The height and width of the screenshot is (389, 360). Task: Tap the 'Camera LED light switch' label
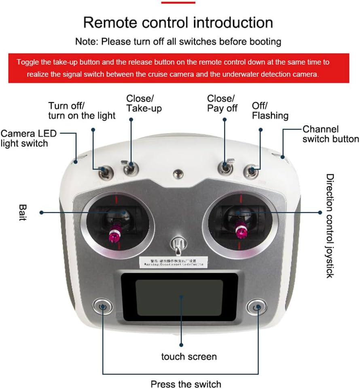point(29,138)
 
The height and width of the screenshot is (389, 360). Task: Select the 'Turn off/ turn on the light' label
point(82,110)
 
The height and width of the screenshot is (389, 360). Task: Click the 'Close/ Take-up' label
point(144,103)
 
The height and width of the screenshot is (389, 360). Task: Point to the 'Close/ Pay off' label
point(222,103)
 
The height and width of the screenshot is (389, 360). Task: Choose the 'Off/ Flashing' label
point(270,110)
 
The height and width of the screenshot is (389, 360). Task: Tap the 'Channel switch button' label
point(330,134)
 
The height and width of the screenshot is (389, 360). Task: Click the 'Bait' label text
point(22,212)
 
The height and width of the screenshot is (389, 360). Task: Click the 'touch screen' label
point(189,356)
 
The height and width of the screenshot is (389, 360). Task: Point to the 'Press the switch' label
point(186,384)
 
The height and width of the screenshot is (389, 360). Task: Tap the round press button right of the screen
point(256,308)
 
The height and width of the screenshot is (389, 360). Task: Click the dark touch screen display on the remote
point(179,298)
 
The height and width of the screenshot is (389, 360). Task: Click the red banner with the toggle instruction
point(178,68)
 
